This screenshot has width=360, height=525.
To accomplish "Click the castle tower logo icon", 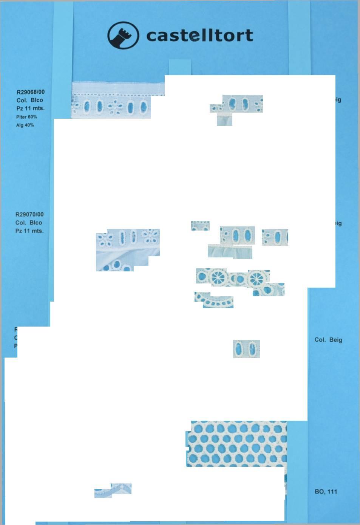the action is pyautogui.click(x=123, y=35).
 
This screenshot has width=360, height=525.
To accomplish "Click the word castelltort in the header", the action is pyautogui.click(x=199, y=36).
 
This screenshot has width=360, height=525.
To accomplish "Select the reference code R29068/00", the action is pyautogui.click(x=31, y=92).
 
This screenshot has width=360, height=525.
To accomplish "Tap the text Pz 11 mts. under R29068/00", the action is pyautogui.click(x=30, y=108).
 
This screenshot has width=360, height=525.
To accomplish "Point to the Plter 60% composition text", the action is pyautogui.click(x=26, y=117).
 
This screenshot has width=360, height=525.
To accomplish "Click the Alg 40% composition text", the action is pyautogui.click(x=25, y=125).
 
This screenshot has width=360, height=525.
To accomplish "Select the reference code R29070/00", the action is pyautogui.click(x=29, y=214).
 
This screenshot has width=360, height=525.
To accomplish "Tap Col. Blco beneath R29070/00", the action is pyautogui.click(x=29, y=223).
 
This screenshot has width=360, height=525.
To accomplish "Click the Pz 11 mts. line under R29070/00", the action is pyautogui.click(x=29, y=231).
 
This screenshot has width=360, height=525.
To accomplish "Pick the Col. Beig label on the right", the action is pyautogui.click(x=328, y=340).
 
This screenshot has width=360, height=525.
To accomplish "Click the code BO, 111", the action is pyautogui.click(x=326, y=492).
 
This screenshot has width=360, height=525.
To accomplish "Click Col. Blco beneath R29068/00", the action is pyautogui.click(x=30, y=100).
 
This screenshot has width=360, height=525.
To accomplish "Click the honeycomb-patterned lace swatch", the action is pyautogui.click(x=237, y=443).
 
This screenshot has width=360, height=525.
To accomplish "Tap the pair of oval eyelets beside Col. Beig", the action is pyautogui.click(x=246, y=348).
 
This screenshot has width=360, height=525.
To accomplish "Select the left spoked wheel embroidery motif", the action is pyautogui.click(x=218, y=277).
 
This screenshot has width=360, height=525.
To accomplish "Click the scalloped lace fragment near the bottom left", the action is pyautogui.click(x=113, y=490).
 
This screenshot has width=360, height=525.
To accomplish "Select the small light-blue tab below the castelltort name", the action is pyautogui.click(x=180, y=67).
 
